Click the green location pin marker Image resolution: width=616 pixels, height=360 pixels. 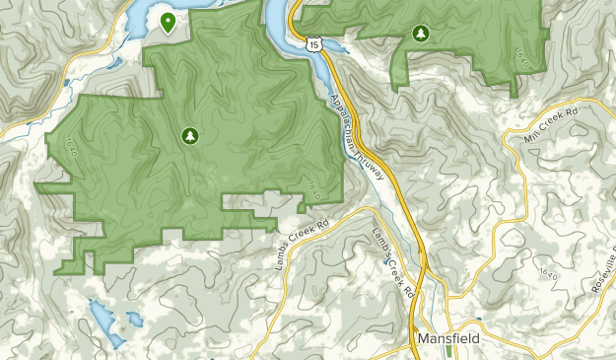tap(168, 22)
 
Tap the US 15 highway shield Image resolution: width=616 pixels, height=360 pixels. tap(313, 42)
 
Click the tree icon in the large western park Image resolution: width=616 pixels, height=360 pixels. tap(188, 135)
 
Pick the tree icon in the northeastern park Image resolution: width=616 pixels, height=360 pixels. tap(421, 35)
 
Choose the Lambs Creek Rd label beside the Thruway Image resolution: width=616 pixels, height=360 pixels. tap(392, 260)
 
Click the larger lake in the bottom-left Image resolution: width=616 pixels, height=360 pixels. tap(103, 317)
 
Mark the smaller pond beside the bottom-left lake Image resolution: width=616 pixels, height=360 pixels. tap(132, 319)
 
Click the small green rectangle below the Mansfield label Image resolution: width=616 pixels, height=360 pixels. tap(449, 350)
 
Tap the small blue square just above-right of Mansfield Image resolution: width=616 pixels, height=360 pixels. tap(478, 320)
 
